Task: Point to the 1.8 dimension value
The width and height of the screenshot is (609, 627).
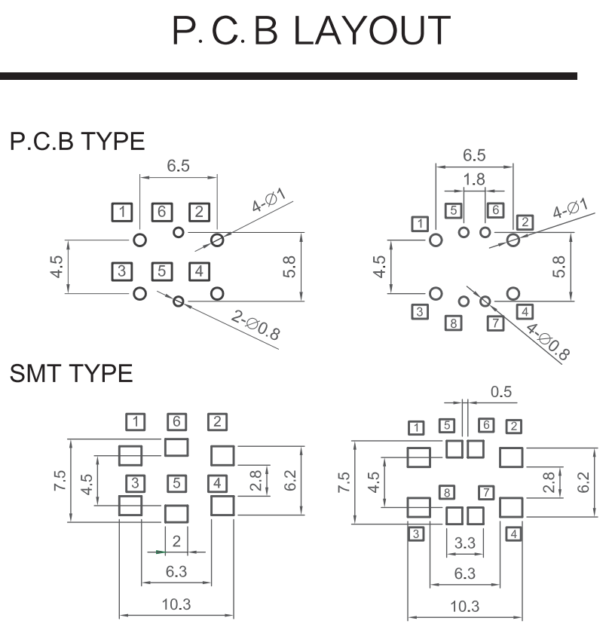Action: click(475, 179)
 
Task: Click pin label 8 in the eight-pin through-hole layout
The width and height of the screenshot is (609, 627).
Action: click(453, 324)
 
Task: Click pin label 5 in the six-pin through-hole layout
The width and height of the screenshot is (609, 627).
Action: click(160, 271)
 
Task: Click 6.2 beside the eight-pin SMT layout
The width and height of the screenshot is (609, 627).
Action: click(584, 480)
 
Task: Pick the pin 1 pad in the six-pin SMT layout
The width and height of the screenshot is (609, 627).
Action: click(130, 455)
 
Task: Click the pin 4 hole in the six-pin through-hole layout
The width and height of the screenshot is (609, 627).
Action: click(217, 293)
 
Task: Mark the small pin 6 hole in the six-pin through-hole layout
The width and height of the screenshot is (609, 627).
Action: click(178, 231)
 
